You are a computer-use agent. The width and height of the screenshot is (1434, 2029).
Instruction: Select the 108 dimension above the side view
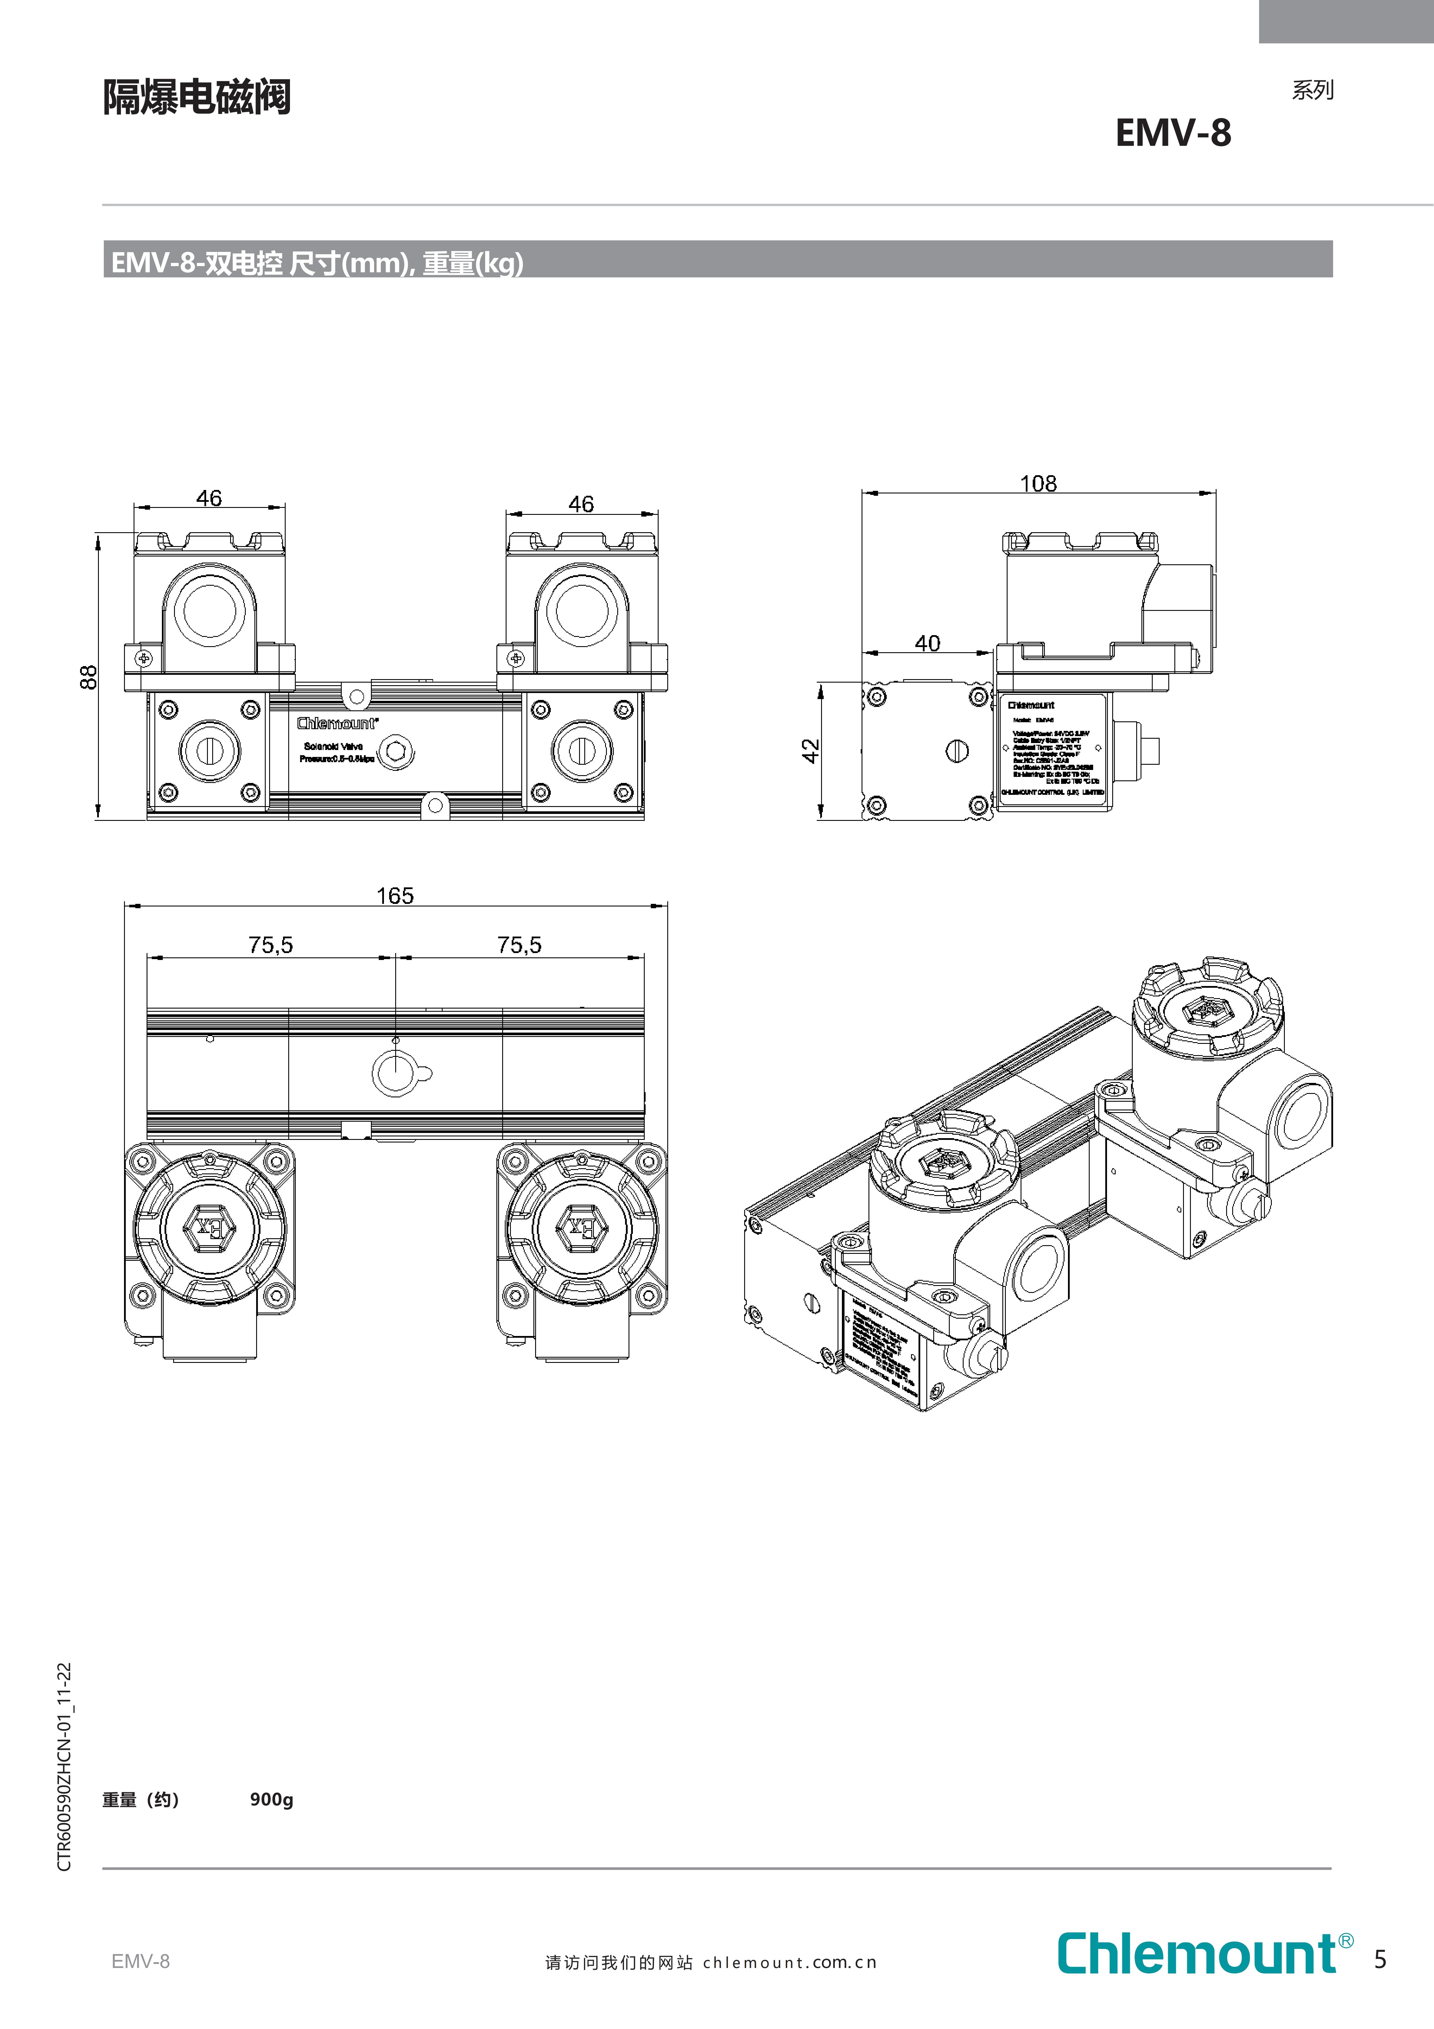pos(1038,483)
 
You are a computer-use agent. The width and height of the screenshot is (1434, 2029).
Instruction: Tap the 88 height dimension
pos(88,677)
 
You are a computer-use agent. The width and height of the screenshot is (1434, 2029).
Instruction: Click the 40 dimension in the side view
pos(927,643)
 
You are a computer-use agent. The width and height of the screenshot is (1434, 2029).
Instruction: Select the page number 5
pos(1380,1960)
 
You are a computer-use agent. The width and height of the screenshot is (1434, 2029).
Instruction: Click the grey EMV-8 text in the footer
pos(141,1961)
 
